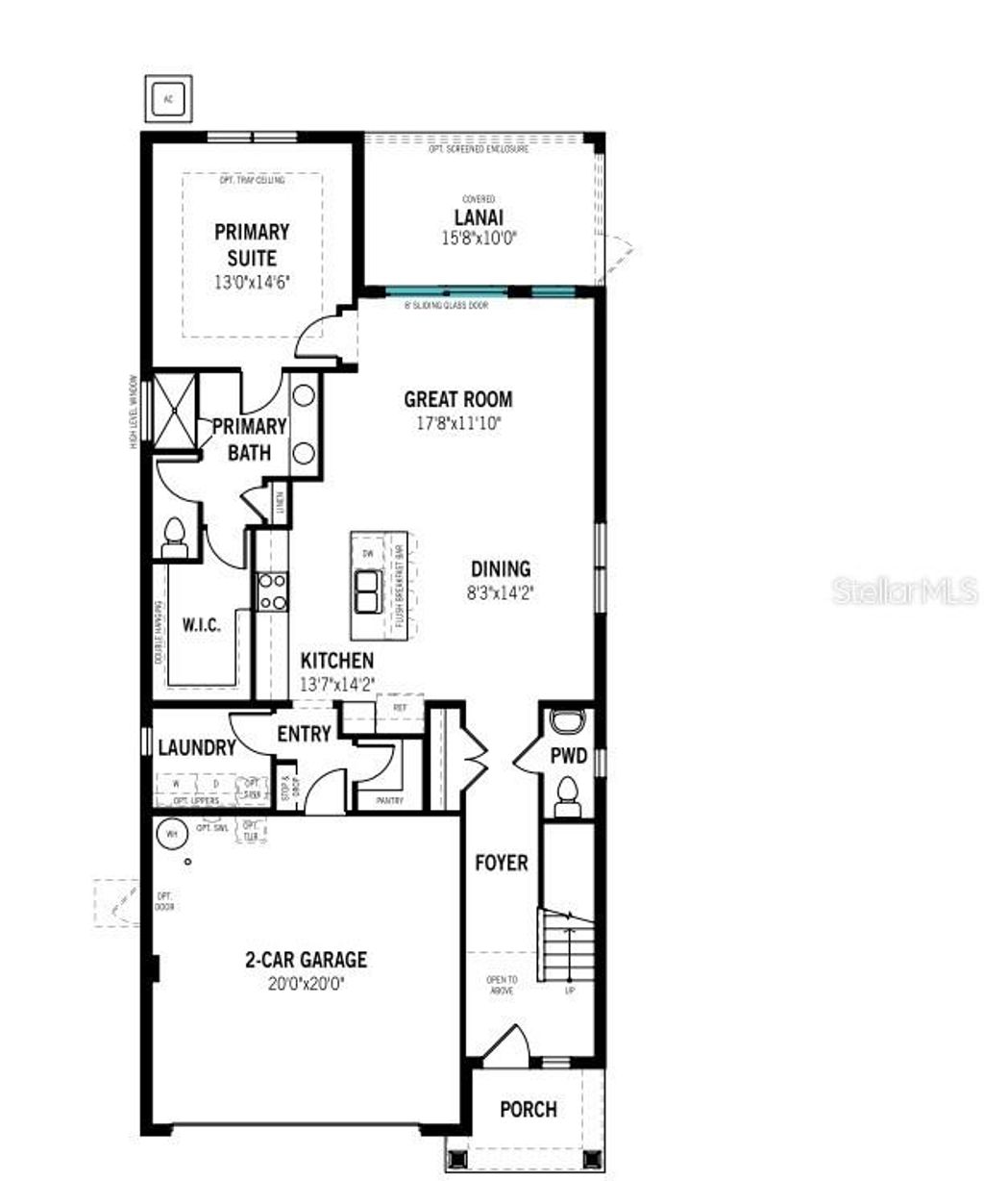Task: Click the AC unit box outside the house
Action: click(169, 98)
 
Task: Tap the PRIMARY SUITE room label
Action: click(252, 244)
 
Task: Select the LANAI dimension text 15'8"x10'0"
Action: click(479, 239)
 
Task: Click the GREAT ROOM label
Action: click(457, 399)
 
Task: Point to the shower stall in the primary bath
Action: click(175, 409)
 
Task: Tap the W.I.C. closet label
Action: click(202, 625)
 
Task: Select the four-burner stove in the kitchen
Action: click(272, 590)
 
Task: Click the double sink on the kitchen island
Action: click(367, 590)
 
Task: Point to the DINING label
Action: click(501, 568)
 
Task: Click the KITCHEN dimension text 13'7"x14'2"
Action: click(337, 684)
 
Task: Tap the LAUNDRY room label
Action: click(196, 747)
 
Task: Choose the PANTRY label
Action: click(390, 800)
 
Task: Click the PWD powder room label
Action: click(568, 756)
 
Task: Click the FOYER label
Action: click(502, 863)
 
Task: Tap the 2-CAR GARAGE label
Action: click(306, 959)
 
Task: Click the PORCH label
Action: click(528, 1109)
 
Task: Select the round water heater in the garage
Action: click(172, 834)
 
